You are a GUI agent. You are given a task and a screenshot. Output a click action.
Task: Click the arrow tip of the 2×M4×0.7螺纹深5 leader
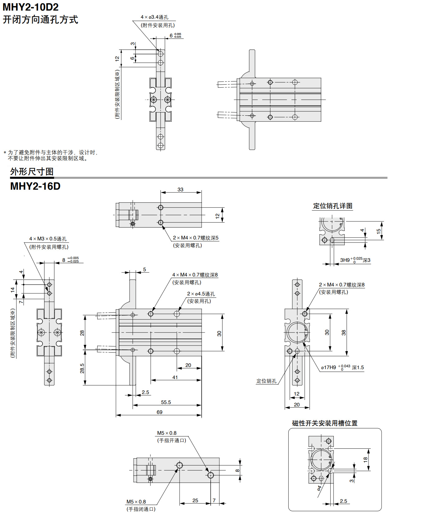[x=162, y=225]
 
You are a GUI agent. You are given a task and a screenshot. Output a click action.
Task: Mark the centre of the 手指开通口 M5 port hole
[x=210, y=475]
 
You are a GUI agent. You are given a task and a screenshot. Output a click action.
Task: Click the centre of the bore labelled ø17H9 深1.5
[x=297, y=332]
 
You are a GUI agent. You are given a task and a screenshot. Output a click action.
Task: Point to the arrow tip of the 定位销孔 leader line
[x=295, y=354]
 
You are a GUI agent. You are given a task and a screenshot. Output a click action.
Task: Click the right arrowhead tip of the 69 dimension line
[x=202, y=415]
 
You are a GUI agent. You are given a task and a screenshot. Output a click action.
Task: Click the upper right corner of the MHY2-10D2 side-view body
[x=321, y=78]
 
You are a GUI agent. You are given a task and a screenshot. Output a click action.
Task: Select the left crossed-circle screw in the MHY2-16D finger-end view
[x=41, y=332]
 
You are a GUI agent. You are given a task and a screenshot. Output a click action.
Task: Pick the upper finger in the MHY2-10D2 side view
[x=252, y=64]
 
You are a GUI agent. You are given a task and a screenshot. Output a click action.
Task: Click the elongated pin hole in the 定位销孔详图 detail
[x=332, y=240]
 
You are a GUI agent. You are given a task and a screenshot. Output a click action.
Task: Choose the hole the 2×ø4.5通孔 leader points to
[x=177, y=314]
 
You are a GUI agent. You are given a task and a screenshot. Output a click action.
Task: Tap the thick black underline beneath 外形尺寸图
[x=32, y=178]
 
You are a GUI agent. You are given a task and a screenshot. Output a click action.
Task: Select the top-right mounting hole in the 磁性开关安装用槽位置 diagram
[x=328, y=441]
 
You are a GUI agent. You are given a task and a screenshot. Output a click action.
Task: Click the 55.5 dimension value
[x=166, y=402]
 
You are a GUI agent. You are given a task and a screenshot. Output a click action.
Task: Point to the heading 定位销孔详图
[x=333, y=206]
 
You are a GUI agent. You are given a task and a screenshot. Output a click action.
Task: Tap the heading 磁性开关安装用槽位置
[x=325, y=423]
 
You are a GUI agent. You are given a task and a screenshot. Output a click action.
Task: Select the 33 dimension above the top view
[x=181, y=189]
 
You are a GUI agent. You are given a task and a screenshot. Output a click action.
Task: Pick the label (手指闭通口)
[x=141, y=509]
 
